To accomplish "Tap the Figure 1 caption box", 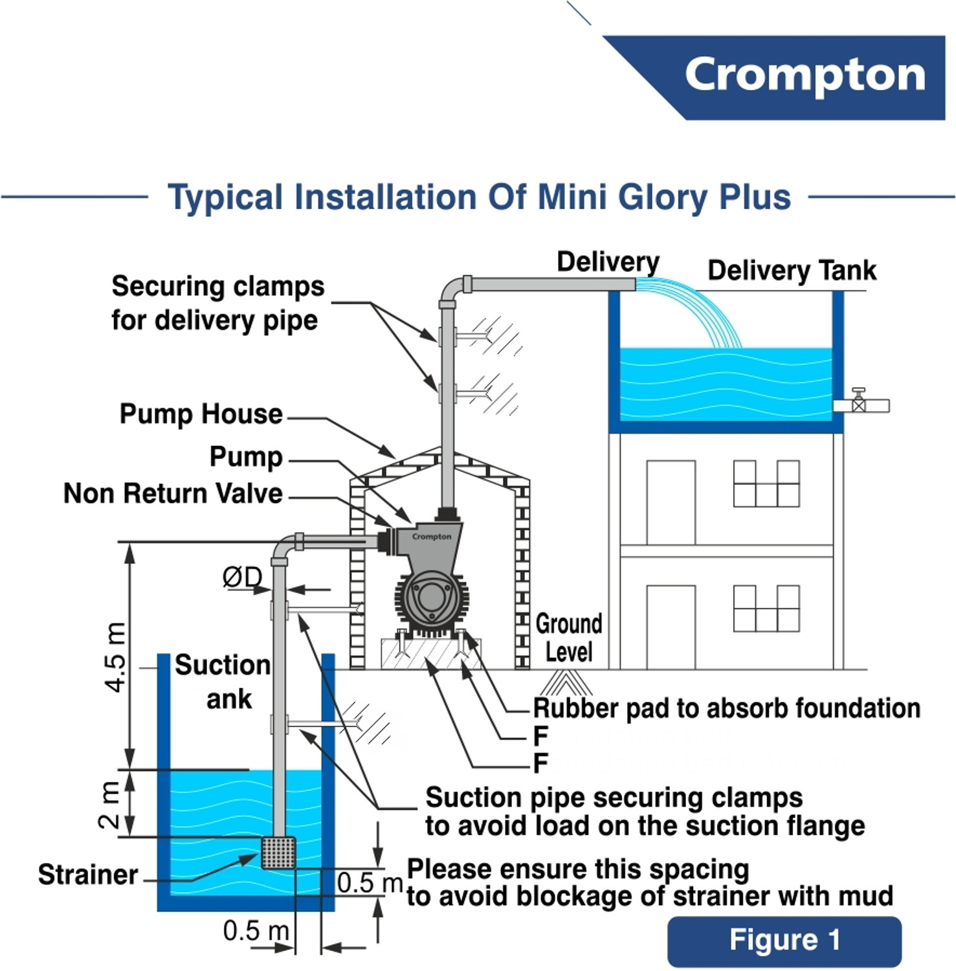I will (784, 941).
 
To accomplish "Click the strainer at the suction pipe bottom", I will (278, 853).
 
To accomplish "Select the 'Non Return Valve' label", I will (173, 494).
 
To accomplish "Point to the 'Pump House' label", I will (201, 414).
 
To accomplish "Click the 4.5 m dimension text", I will (116, 657).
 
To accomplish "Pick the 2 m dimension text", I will (109, 805).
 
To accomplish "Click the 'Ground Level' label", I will (568, 638).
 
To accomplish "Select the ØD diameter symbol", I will (242, 577).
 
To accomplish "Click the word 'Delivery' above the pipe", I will (608, 262).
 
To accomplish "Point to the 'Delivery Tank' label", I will (792, 271).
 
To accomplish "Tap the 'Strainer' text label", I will (88, 875).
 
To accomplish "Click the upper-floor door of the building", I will (671, 502).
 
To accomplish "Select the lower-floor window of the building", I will (766, 608).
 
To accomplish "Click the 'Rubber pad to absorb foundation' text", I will (726, 708).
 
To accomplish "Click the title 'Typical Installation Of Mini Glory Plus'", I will (479, 197).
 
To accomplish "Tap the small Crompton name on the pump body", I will (432, 537).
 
